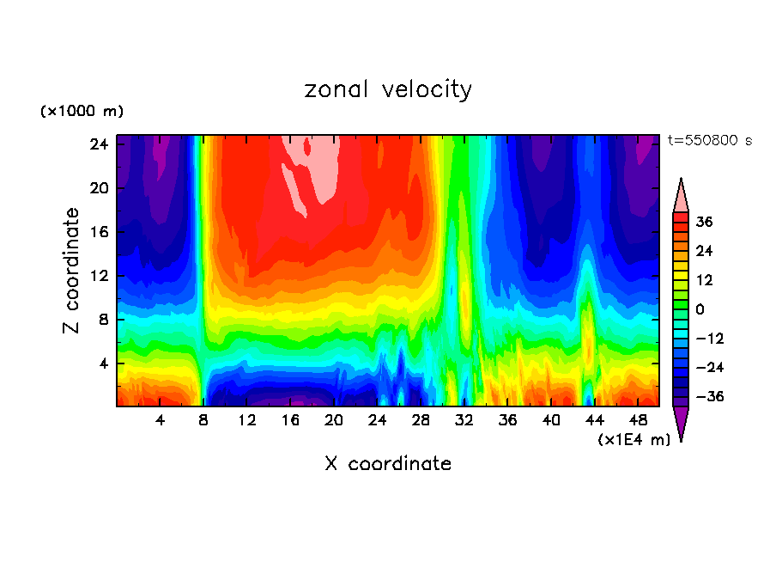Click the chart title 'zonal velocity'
[388, 89]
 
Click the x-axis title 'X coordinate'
[388, 464]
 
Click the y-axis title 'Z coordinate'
[72, 271]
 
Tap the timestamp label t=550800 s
[709, 140]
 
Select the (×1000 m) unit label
[82, 112]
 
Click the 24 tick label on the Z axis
[99, 144]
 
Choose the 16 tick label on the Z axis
[99, 232]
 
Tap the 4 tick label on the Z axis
[103, 363]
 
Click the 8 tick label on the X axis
[203, 420]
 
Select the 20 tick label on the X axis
[334, 420]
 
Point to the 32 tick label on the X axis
[464, 420]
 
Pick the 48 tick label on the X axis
[639, 420]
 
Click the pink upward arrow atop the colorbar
[681, 195]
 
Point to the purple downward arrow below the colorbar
[681, 423]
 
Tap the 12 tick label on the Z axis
[99, 276]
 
